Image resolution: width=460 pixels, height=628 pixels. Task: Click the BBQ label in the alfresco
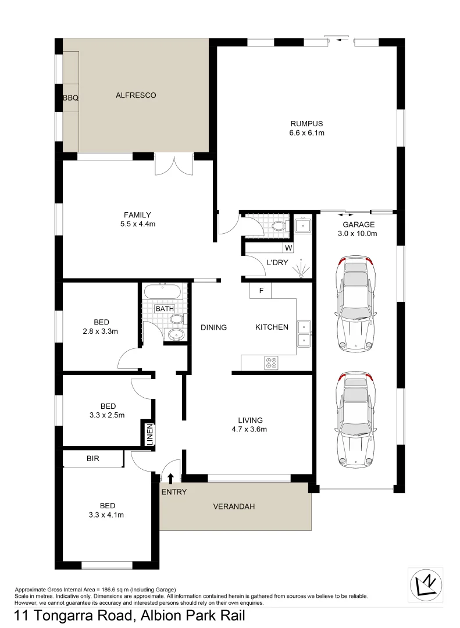pyautogui.click(x=70, y=99)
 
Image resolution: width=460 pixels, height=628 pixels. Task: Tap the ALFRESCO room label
pyautogui.click(x=135, y=95)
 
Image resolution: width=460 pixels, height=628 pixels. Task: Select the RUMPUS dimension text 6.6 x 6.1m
pyautogui.click(x=307, y=133)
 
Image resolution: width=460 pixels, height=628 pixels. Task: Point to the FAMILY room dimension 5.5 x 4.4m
pyautogui.click(x=137, y=224)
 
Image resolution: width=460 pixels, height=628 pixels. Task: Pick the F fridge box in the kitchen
pyautogui.click(x=261, y=290)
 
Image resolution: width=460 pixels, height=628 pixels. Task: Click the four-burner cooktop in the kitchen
pyautogui.click(x=271, y=363)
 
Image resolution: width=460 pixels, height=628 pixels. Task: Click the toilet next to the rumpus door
pyautogui.click(x=279, y=226)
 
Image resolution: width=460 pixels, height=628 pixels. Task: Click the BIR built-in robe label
pyautogui.click(x=93, y=459)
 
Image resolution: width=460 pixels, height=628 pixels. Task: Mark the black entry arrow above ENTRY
pyautogui.click(x=170, y=478)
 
